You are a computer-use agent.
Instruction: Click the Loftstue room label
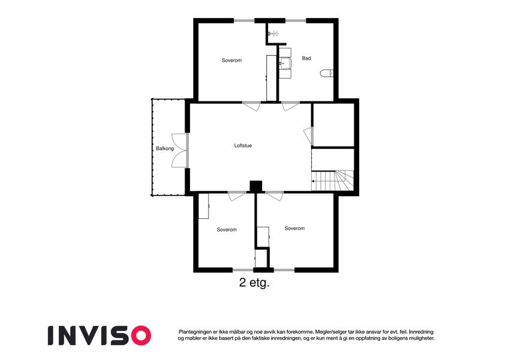(x=243, y=146)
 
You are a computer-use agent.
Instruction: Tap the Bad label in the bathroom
(x=306, y=58)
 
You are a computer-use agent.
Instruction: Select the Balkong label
(x=165, y=148)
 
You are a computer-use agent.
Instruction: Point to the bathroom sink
(x=285, y=63)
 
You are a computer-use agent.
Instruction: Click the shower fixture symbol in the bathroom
(x=273, y=33)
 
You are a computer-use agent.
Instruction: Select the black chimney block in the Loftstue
(x=256, y=186)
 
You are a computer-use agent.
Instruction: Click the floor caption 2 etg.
(x=254, y=283)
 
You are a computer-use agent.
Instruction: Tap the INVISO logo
(x=100, y=335)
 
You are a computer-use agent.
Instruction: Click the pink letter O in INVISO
(x=141, y=335)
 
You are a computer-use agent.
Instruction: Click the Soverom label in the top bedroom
(x=231, y=60)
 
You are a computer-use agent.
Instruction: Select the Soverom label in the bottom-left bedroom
(x=227, y=229)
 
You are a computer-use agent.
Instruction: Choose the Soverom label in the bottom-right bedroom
(x=294, y=229)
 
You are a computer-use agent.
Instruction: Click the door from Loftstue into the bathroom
(x=290, y=106)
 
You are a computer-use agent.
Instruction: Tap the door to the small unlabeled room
(x=308, y=136)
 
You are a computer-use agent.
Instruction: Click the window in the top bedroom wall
(x=244, y=21)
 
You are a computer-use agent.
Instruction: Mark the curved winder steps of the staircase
(x=344, y=181)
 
